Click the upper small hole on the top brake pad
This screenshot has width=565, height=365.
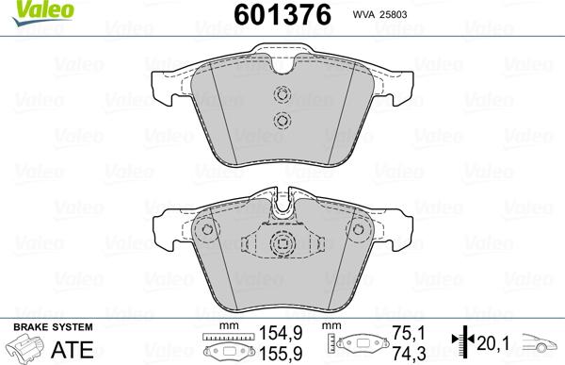pyautogui.click(x=280, y=94)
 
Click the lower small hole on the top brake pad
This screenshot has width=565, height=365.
pyautogui.click(x=280, y=119)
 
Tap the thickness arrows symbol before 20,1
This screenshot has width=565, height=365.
pyautogui.click(x=459, y=343)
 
